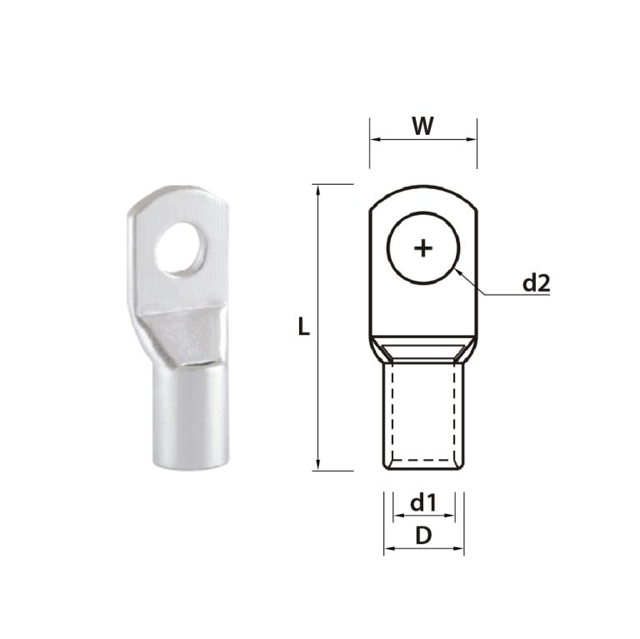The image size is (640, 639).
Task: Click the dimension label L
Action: (304, 327)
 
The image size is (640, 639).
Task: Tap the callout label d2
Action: (536, 283)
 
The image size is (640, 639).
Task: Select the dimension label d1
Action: (423, 502)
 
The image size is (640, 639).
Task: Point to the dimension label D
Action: (423, 537)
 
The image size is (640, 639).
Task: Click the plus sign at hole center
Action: (423, 247)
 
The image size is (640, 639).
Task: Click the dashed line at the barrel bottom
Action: (423, 458)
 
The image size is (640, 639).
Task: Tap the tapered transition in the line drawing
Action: (423, 350)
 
